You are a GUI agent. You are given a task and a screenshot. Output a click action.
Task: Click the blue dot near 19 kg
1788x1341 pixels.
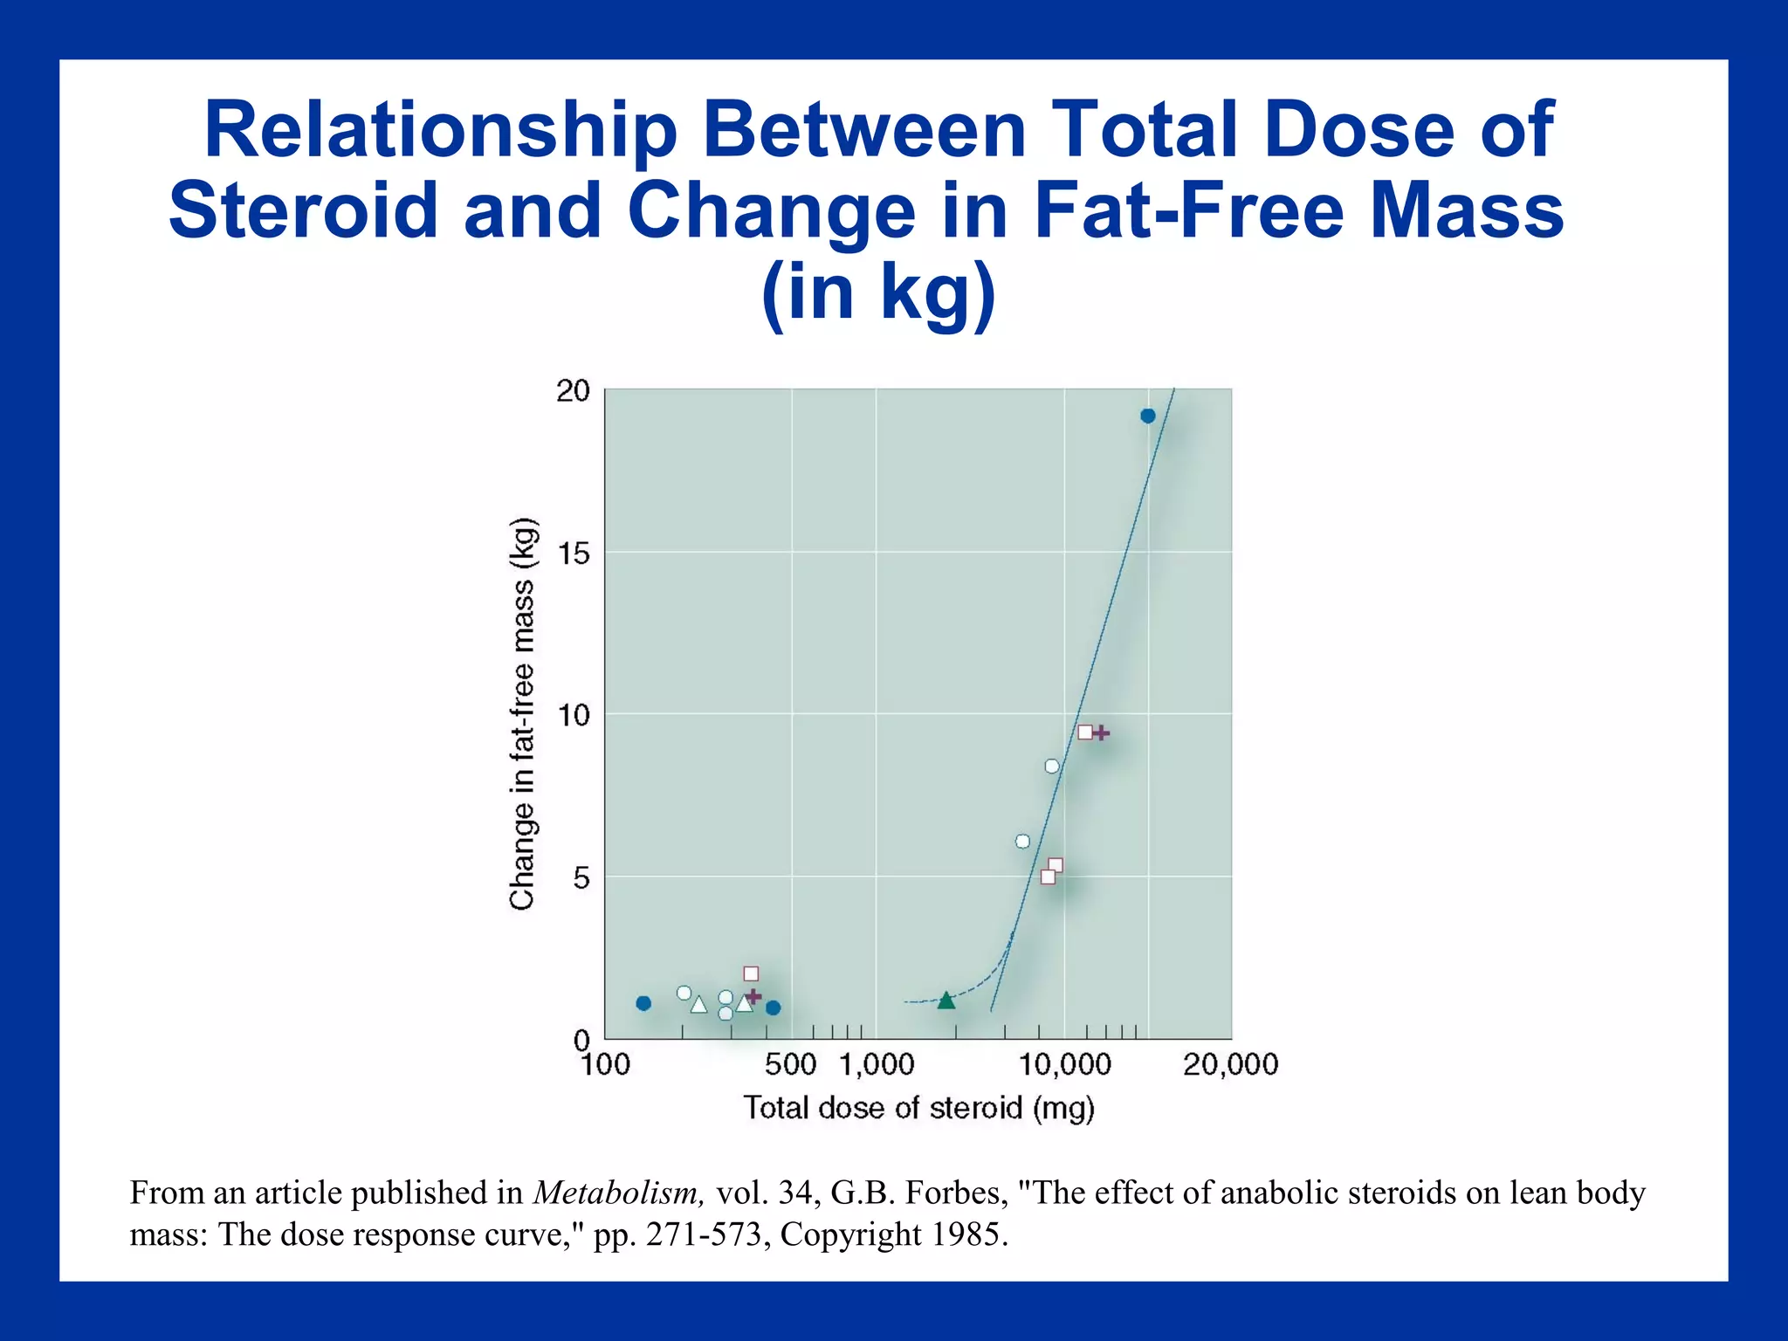tap(1147, 416)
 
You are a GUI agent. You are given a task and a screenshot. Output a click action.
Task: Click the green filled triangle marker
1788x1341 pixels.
tap(946, 1001)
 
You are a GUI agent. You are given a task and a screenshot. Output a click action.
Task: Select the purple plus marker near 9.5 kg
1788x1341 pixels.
tap(1101, 732)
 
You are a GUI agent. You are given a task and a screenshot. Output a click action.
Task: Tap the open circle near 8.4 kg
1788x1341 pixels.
tap(1052, 767)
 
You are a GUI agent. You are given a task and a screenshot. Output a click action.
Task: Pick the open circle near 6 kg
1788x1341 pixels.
tap(1022, 842)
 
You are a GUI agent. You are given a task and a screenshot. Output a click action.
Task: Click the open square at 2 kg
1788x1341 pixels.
tap(751, 973)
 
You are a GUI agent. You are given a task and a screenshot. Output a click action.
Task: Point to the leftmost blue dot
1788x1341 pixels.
tap(643, 1003)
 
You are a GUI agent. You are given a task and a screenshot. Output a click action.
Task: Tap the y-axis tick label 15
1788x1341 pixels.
tap(574, 554)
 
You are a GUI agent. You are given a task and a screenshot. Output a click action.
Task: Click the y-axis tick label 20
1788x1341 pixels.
tap(574, 391)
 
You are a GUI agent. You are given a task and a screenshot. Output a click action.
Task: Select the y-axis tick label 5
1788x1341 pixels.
tap(582, 878)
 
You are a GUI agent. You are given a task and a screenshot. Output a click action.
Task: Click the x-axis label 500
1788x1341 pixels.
tap(790, 1064)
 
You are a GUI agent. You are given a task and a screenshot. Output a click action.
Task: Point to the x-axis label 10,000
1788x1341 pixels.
tap(1065, 1064)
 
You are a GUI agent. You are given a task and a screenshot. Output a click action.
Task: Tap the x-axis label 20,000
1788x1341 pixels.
tap(1230, 1064)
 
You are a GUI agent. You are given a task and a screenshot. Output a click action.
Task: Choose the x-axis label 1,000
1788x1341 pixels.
tap(877, 1064)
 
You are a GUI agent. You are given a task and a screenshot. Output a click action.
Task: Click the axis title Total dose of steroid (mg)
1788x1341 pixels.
tap(918, 1108)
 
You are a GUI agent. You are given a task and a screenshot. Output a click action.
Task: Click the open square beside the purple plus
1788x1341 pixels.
tap(1085, 732)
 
